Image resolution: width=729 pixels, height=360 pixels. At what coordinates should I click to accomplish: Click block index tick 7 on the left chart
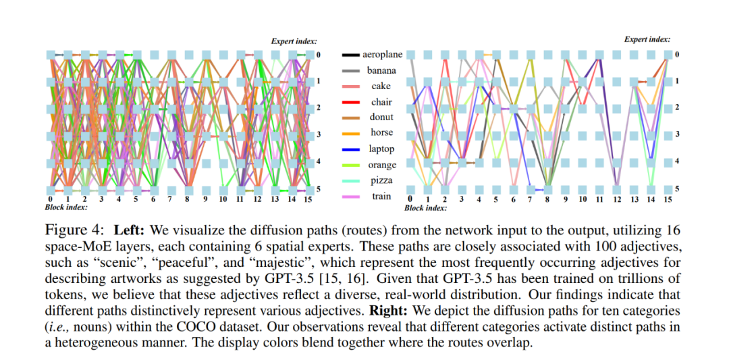pyautogui.click(x=170, y=199)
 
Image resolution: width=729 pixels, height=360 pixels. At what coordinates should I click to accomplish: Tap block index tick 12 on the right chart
pyautogui.click(x=617, y=199)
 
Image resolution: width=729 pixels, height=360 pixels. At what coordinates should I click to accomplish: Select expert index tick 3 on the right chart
pyautogui.click(x=677, y=135)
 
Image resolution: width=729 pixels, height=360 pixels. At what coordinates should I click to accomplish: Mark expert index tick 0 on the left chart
pyautogui.click(x=318, y=54)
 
